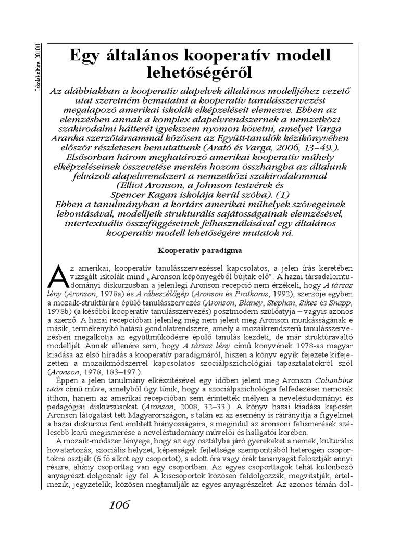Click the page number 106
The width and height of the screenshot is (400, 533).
click(x=119, y=505)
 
